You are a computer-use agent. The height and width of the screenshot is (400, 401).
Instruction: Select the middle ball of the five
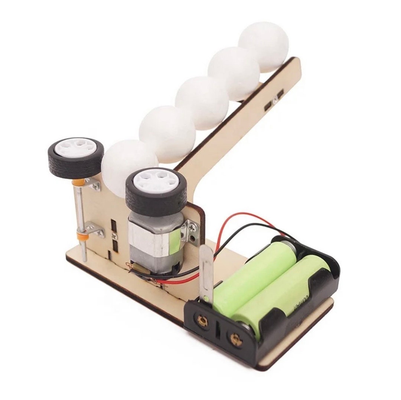202,102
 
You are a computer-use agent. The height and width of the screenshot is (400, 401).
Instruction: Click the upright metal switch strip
206,273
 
